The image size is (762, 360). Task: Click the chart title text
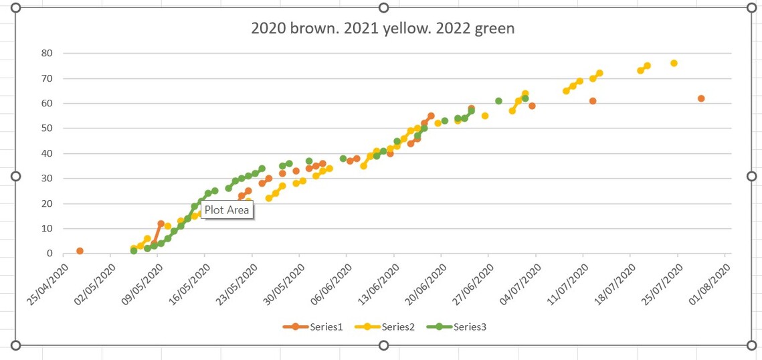pyautogui.click(x=383, y=28)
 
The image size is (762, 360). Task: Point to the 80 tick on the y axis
pyautogui.click(x=47, y=53)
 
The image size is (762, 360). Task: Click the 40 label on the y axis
pyautogui.click(x=47, y=153)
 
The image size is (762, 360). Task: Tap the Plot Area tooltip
pyautogui.click(x=227, y=209)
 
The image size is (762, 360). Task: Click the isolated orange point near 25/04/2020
pyautogui.click(x=80, y=251)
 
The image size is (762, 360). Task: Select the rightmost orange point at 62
pyautogui.click(x=701, y=98)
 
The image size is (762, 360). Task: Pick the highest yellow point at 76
pyautogui.click(x=674, y=63)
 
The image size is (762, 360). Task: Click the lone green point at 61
pyautogui.click(x=498, y=101)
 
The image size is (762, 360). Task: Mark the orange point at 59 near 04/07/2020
pyautogui.click(x=532, y=106)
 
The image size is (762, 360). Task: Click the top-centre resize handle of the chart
pyautogui.click(x=384, y=7)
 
